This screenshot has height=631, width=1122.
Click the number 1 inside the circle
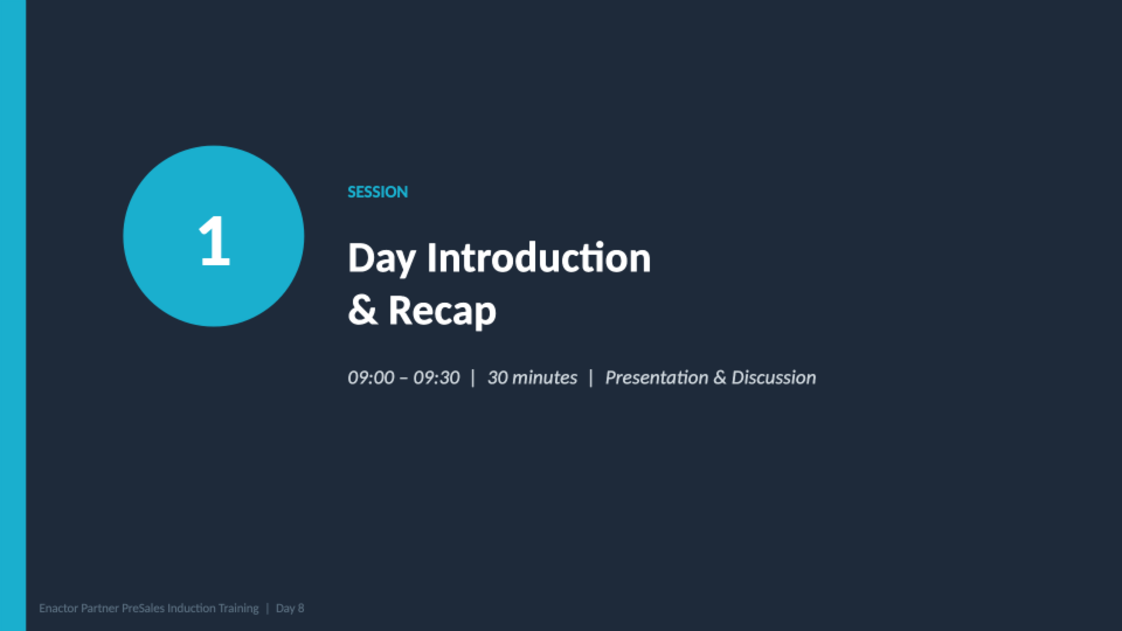coord(214,241)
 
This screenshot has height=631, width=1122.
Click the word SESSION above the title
coord(378,192)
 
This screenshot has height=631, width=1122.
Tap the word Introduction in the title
coord(538,258)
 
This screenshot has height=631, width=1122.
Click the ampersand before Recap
coord(362,310)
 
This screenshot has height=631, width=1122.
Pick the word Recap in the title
coord(442,310)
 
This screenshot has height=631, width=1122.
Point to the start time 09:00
coord(370,378)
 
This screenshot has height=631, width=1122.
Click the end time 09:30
coord(436,378)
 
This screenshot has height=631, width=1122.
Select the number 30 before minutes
coord(497,378)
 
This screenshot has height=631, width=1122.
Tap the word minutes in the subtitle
coord(545,378)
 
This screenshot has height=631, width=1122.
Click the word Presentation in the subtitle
coord(657,378)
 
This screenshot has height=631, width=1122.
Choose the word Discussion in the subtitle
coord(774,378)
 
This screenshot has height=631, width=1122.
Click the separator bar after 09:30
coord(473,378)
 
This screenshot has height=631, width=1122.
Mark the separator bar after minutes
coord(591,378)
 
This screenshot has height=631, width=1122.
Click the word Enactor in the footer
coord(58,608)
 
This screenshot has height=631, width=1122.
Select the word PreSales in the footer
coord(143,608)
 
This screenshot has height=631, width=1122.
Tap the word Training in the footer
coord(238,608)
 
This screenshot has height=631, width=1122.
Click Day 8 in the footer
coord(290,608)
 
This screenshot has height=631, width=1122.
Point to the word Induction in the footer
coord(192,608)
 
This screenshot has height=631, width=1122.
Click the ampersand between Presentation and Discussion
coord(720,378)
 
